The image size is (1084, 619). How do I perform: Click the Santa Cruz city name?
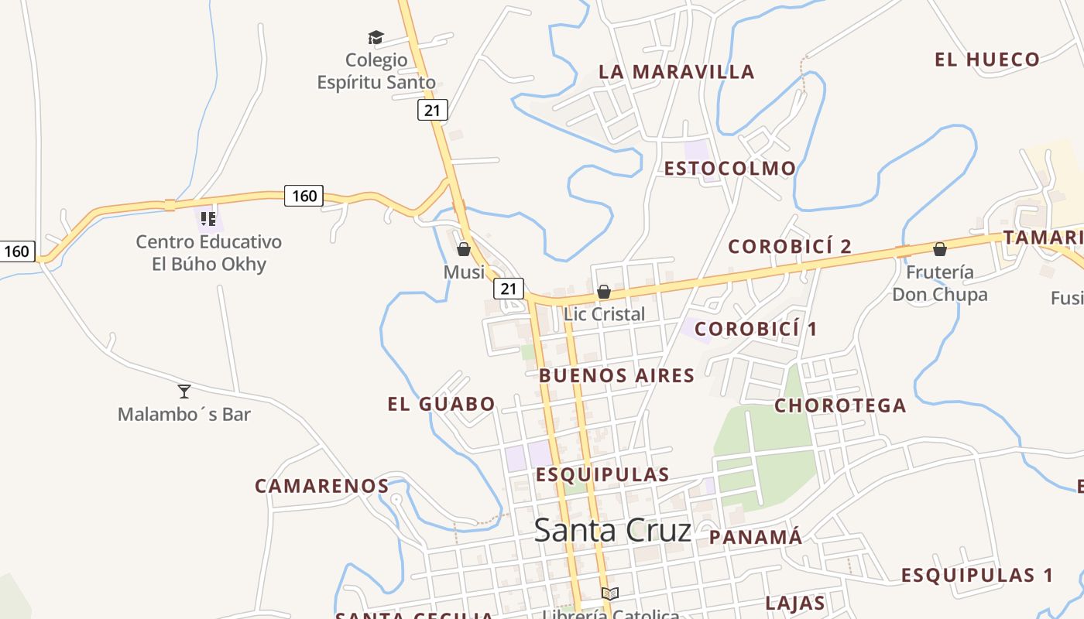pyautogui.click(x=612, y=530)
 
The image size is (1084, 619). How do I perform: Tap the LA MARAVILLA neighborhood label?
pyautogui.click(x=676, y=72)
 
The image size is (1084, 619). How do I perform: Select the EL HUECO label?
pyautogui.click(x=986, y=60)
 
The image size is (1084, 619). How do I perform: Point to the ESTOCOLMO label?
pyautogui.click(x=729, y=168)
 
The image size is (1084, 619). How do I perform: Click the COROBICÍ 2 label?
pyautogui.click(x=790, y=246)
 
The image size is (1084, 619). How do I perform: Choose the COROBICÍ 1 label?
pyautogui.click(x=756, y=329)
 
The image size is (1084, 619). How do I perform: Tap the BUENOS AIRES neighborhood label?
pyautogui.click(x=616, y=375)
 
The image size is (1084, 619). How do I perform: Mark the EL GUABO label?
pyautogui.click(x=441, y=403)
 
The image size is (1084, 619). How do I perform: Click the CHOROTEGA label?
pyautogui.click(x=840, y=405)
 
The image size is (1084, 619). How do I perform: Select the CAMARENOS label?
pyautogui.click(x=322, y=486)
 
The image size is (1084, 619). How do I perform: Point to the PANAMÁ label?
pyautogui.click(x=755, y=537)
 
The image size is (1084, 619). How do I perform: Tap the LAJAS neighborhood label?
pyautogui.click(x=794, y=603)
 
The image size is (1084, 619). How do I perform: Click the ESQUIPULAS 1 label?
pyautogui.click(x=977, y=575)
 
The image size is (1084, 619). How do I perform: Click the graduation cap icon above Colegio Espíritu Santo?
pyautogui.click(x=376, y=37)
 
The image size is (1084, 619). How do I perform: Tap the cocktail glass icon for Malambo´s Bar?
pyautogui.click(x=184, y=391)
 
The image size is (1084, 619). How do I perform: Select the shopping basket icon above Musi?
pyautogui.click(x=464, y=249)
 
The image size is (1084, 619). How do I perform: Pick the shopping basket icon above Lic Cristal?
pyautogui.click(x=604, y=292)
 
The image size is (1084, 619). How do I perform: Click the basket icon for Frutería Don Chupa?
pyautogui.click(x=940, y=249)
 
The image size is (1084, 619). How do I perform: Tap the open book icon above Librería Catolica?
pyautogui.click(x=610, y=593)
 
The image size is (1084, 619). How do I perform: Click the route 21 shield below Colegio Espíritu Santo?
pyautogui.click(x=432, y=110)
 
